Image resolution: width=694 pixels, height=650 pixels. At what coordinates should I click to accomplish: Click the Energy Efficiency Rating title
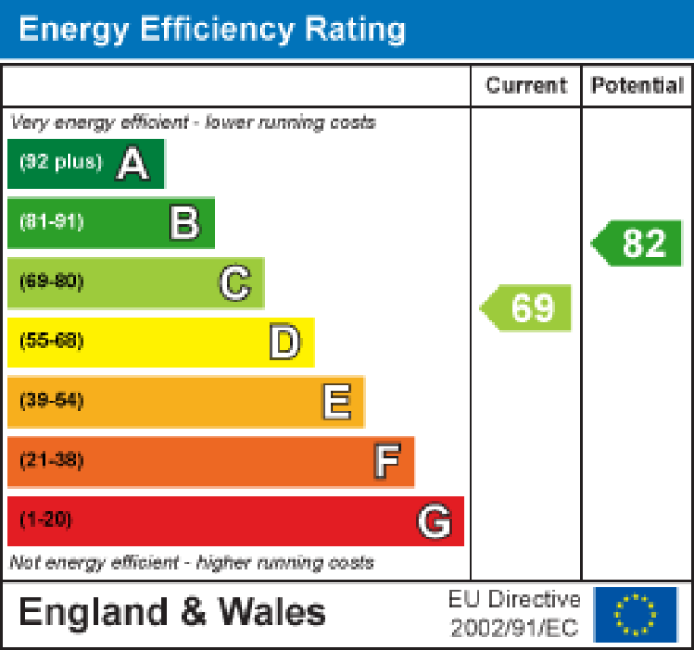click(212, 29)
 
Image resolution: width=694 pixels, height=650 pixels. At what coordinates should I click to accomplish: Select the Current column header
click(525, 86)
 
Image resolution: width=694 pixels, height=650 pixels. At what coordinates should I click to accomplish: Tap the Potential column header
click(637, 86)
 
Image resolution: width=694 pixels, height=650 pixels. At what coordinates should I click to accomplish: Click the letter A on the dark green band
click(132, 164)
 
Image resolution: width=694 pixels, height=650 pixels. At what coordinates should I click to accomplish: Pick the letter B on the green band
click(184, 223)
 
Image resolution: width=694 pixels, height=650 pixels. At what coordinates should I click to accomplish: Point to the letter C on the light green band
click(234, 284)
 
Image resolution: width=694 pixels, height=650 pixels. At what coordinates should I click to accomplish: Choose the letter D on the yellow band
click(285, 343)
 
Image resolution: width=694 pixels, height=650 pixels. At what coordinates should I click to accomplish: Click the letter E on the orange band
click(336, 402)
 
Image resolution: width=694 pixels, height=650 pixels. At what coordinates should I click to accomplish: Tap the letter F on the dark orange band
click(386, 462)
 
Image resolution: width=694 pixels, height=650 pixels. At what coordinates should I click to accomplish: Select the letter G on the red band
click(434, 521)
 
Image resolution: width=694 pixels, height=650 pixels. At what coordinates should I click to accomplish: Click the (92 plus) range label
click(60, 163)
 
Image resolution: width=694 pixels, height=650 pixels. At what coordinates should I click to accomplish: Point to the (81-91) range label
click(51, 222)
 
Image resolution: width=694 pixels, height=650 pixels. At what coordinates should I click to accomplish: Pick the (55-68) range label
click(51, 341)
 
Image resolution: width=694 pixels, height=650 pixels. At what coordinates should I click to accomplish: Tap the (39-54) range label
click(51, 401)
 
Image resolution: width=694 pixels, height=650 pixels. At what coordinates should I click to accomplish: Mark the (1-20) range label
click(45, 519)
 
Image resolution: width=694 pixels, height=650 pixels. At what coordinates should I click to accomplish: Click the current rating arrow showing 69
click(527, 308)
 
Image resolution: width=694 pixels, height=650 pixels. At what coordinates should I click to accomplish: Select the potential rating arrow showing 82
click(638, 243)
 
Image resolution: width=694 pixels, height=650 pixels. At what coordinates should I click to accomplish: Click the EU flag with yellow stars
click(635, 613)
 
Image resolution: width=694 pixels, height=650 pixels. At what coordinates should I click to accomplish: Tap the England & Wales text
click(171, 613)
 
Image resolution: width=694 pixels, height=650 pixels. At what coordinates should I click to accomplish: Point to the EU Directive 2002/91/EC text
click(515, 613)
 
